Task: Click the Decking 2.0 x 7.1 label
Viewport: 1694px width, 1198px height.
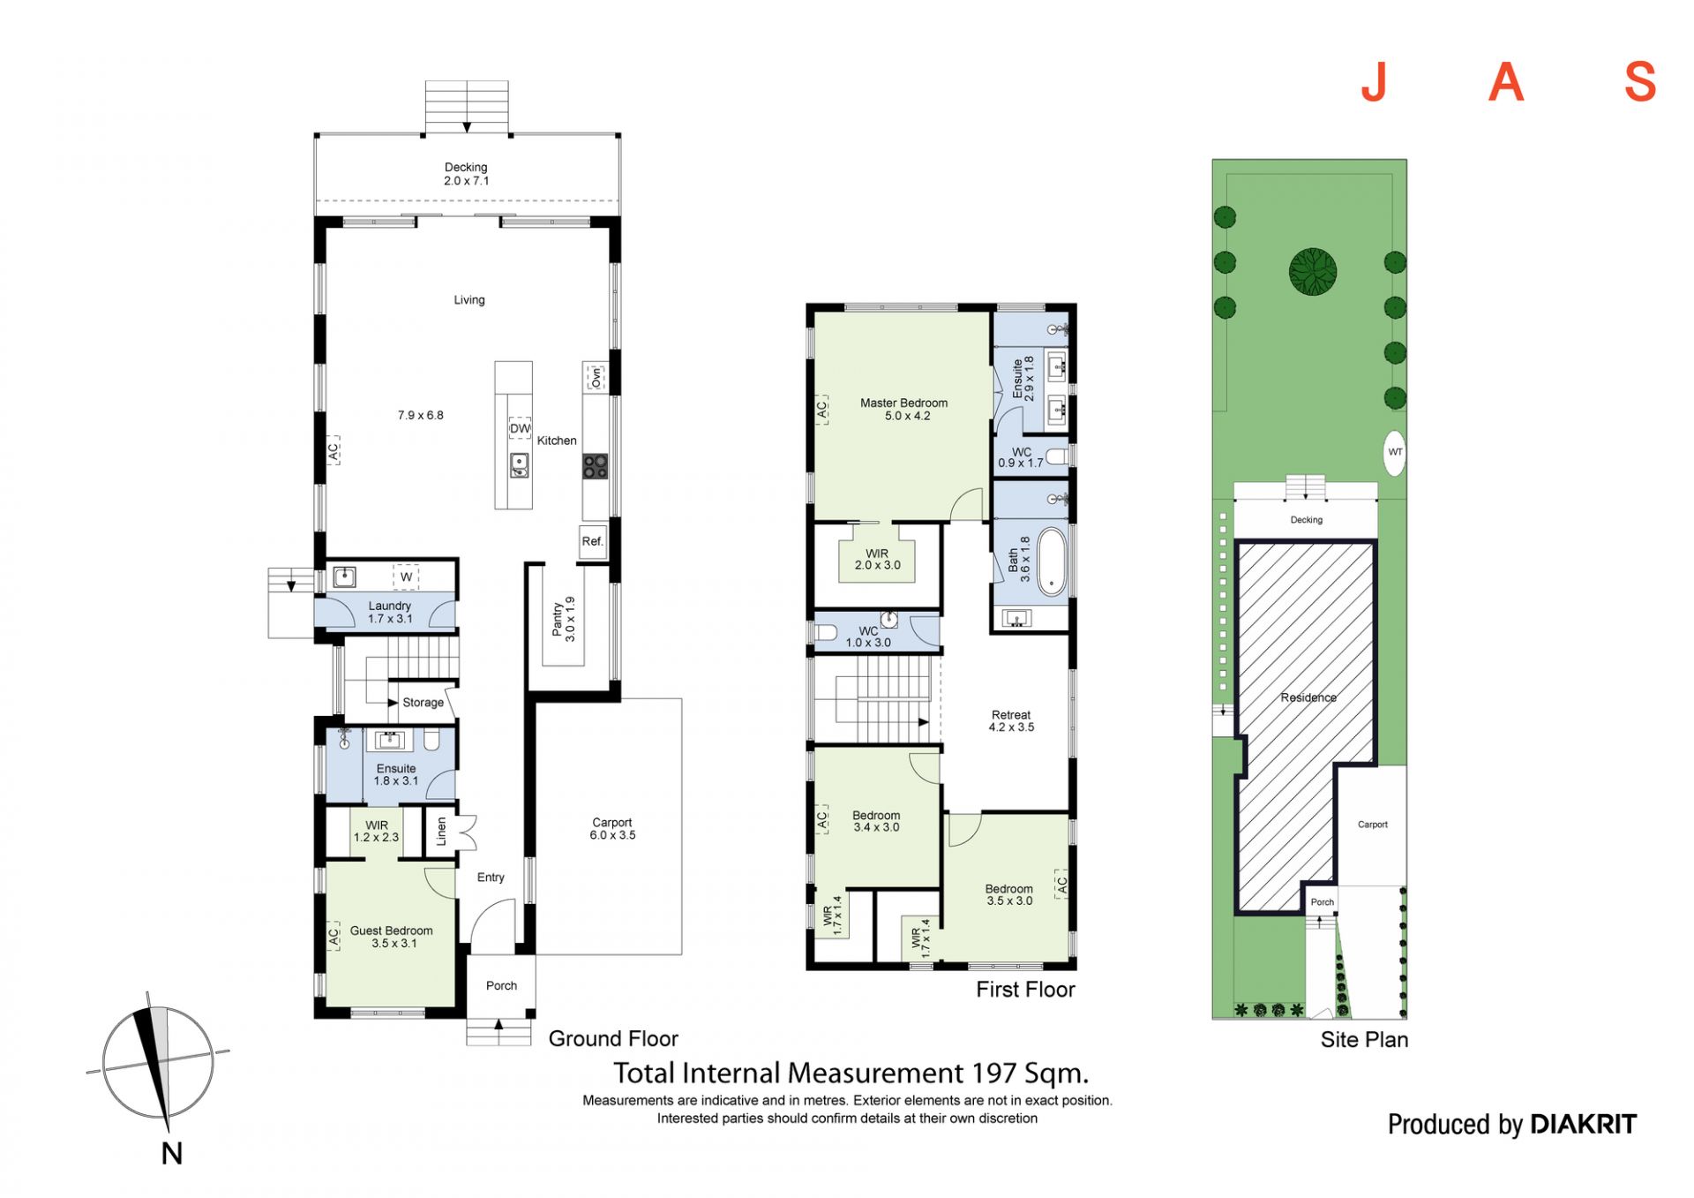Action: coord(466,174)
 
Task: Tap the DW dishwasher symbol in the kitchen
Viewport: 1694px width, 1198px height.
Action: coord(520,428)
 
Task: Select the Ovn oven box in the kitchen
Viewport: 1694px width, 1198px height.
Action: coord(596,377)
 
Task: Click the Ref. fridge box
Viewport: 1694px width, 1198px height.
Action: coord(593,541)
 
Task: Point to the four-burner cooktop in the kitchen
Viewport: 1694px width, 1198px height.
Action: coord(595,466)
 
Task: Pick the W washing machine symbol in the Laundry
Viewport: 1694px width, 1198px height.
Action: coord(406,576)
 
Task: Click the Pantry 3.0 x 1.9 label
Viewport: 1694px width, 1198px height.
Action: coord(563,619)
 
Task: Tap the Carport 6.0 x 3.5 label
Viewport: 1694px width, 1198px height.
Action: coord(612,828)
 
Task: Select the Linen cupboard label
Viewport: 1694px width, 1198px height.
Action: coord(441,831)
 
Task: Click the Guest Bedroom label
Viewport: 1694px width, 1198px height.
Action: coord(392,931)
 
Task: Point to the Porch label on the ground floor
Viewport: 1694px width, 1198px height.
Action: coord(501,985)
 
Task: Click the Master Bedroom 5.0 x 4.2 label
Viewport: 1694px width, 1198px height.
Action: coord(904,409)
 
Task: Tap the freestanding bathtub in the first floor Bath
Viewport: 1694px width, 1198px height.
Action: coord(1052,561)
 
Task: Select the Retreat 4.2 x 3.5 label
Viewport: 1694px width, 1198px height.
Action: coord(1011,721)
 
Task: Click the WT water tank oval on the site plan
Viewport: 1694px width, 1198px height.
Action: coord(1395,452)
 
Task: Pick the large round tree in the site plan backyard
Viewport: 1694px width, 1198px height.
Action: coord(1313,271)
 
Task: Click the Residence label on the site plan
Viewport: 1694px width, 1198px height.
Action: coord(1308,697)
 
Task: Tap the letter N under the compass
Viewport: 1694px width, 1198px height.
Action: coord(172,1153)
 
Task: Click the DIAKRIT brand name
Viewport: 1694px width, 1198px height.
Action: coord(1583,1124)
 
